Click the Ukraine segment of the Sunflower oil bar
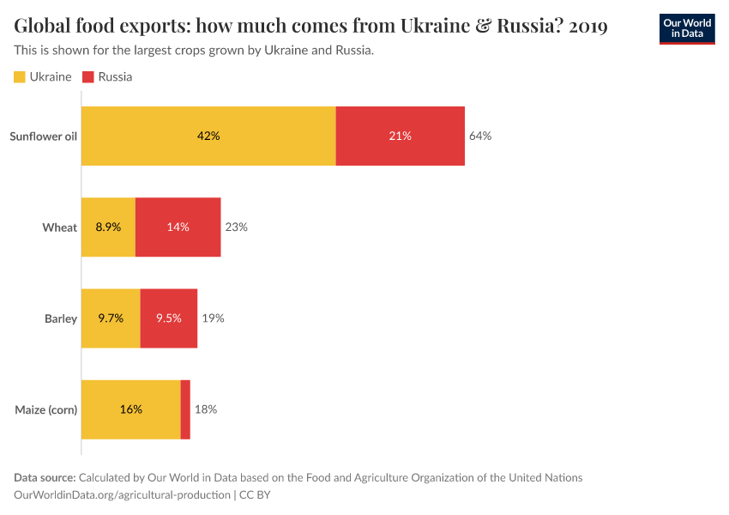click(208, 136)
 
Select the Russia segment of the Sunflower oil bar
click(400, 136)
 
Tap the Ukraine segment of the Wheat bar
click(108, 227)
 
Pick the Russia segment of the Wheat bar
click(178, 227)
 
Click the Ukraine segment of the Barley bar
click(111, 318)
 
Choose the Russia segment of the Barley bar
click(169, 318)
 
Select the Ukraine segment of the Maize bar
click(130, 409)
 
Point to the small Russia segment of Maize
click(185, 409)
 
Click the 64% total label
click(480, 136)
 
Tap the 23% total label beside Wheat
click(236, 227)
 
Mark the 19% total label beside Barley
click(213, 318)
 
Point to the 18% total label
click(206, 409)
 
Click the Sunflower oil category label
click(43, 136)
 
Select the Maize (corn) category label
click(46, 409)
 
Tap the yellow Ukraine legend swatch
click(20, 77)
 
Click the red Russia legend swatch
click(88, 77)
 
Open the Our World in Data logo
click(686, 28)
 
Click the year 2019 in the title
click(587, 27)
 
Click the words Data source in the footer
click(45, 478)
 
